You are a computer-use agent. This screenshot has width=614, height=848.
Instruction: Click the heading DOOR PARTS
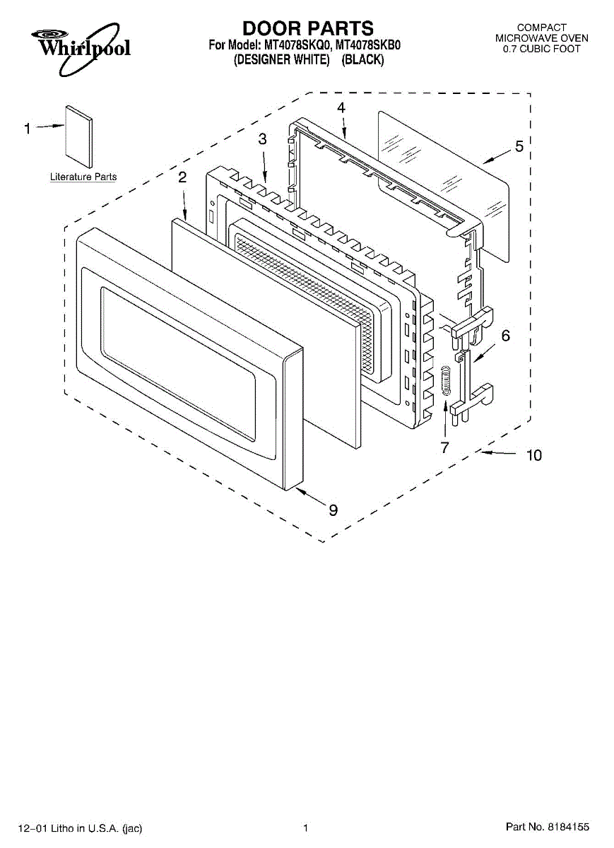pos(307,28)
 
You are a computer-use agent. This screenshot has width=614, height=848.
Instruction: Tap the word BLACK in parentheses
pos(362,61)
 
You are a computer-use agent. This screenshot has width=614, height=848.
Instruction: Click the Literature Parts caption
pos(83,177)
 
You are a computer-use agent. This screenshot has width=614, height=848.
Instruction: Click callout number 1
pos(28,128)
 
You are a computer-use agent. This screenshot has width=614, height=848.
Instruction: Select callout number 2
pos(182,177)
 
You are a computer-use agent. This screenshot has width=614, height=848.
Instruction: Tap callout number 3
pos(262,140)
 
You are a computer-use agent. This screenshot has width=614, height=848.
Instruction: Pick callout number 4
pos(341,108)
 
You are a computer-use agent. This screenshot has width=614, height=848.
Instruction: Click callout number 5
pos(519,147)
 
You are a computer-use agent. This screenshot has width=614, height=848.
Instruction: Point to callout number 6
pos(505,336)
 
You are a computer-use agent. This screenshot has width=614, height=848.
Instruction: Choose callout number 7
pos(444,447)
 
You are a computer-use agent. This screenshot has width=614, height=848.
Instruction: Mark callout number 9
pos(333,510)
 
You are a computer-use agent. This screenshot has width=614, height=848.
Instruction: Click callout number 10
pos(534,456)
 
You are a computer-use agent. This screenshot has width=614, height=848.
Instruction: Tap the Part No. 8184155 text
pos(547,827)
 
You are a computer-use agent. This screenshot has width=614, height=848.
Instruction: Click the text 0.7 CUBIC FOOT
pos(541,49)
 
